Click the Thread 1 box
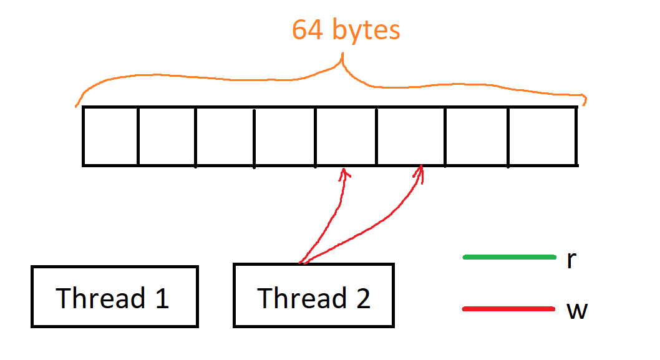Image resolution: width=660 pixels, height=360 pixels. pyautogui.click(x=114, y=296)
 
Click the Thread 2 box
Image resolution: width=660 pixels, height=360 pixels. pyautogui.click(x=313, y=295)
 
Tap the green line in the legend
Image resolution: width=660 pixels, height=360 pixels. pyautogui.click(x=509, y=257)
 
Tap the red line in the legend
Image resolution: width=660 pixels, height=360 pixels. pyautogui.click(x=509, y=309)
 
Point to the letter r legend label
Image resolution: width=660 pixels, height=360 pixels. pyautogui.click(x=571, y=260)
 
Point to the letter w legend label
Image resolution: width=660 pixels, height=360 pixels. pyautogui.click(x=576, y=310)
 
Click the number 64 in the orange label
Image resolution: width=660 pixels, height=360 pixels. pyautogui.click(x=308, y=30)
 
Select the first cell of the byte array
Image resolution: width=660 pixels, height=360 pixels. pyautogui.click(x=110, y=136)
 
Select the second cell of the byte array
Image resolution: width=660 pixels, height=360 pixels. pyautogui.click(x=167, y=136)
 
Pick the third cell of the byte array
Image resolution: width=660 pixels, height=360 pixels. pyautogui.click(x=225, y=136)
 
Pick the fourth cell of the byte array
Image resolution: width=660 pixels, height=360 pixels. pyautogui.click(x=284, y=136)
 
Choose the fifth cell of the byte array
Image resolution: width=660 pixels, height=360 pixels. pyautogui.click(x=345, y=136)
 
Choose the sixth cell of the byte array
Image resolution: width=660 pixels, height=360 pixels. pyautogui.click(x=410, y=136)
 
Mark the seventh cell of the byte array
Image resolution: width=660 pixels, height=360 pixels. pyautogui.click(x=476, y=136)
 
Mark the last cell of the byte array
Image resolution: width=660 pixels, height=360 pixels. pyautogui.click(x=542, y=136)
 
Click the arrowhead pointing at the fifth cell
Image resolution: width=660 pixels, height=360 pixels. pyautogui.click(x=343, y=173)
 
